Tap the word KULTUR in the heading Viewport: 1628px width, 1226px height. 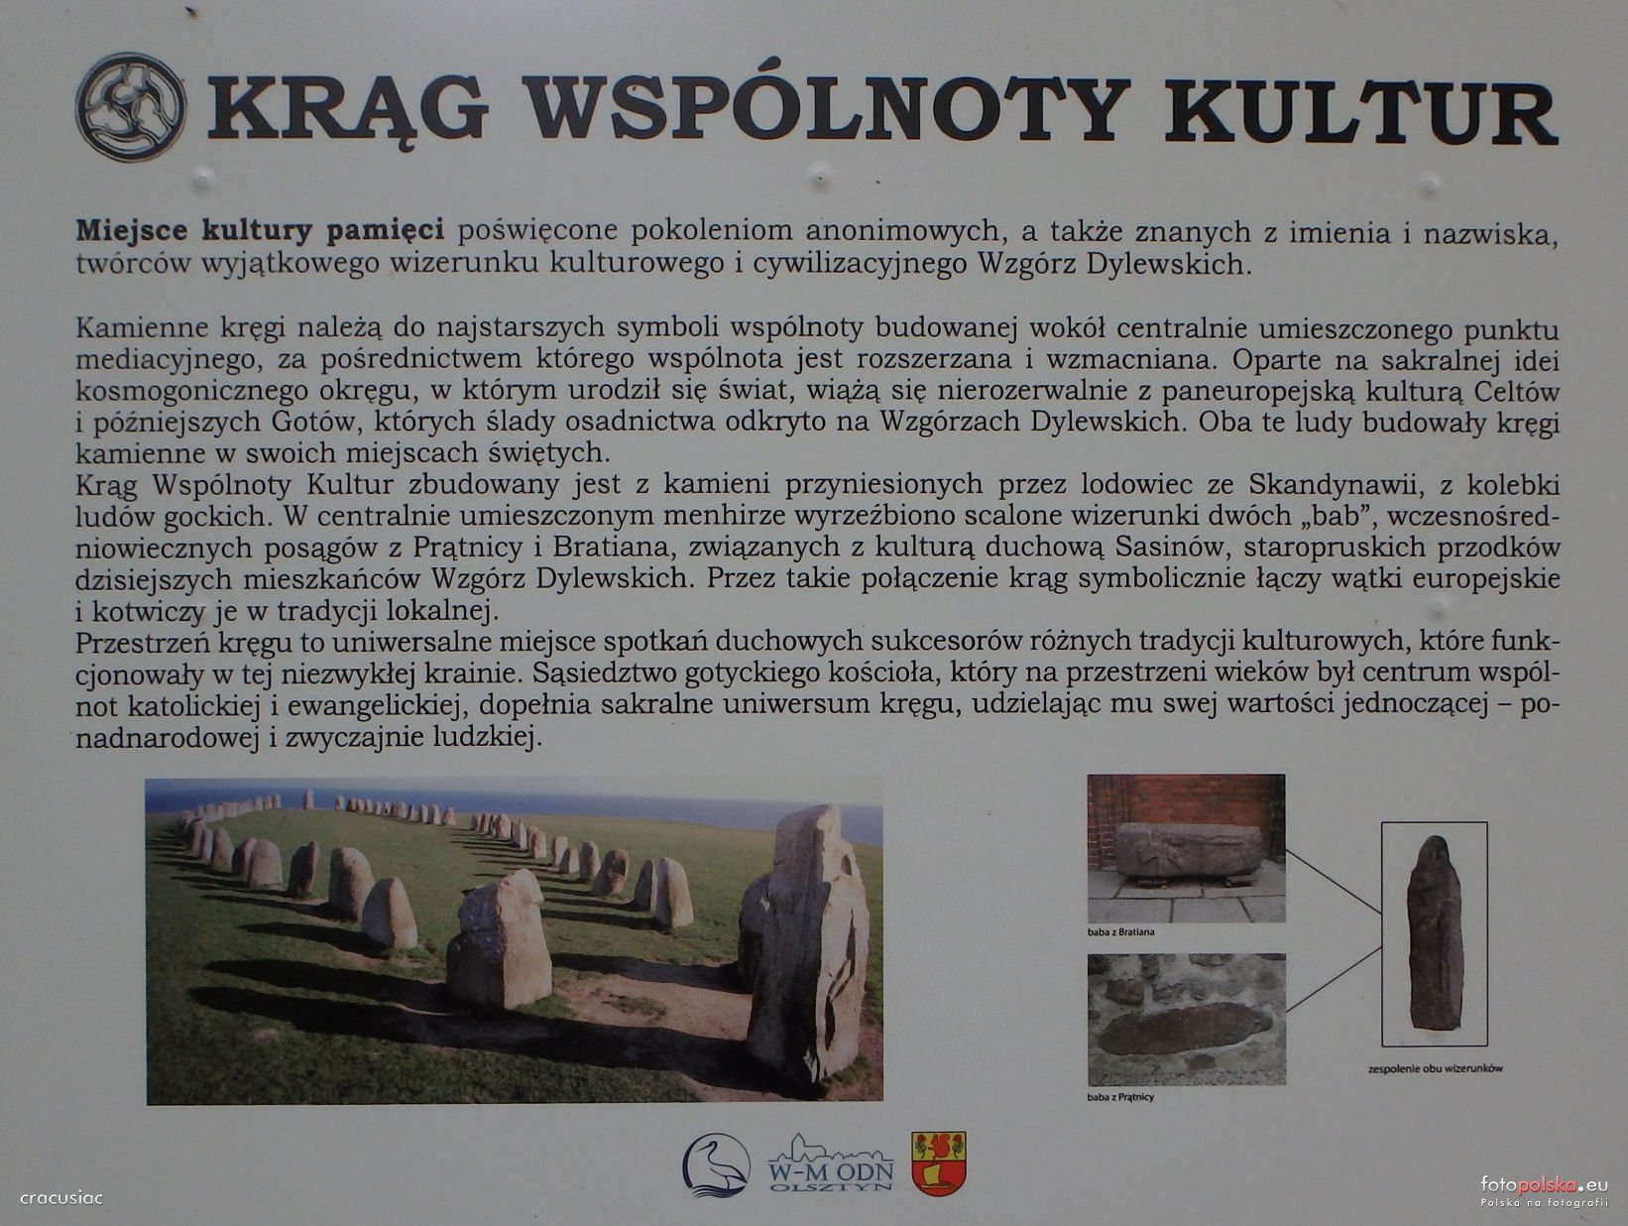(1363, 111)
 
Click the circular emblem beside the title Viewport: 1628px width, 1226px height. (131, 107)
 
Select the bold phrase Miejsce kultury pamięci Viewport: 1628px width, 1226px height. (260, 231)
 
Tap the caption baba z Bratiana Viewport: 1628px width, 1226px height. (1120, 932)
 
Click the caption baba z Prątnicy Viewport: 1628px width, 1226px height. (1120, 1097)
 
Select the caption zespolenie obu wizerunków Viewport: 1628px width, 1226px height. (1436, 1068)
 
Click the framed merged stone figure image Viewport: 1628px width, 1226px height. (1434, 933)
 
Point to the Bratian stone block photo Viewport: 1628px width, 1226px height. (1187, 848)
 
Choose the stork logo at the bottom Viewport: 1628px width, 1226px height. (716, 1165)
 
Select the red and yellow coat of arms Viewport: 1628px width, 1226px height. (938, 1163)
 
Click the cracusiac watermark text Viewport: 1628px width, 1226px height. (61, 1198)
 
